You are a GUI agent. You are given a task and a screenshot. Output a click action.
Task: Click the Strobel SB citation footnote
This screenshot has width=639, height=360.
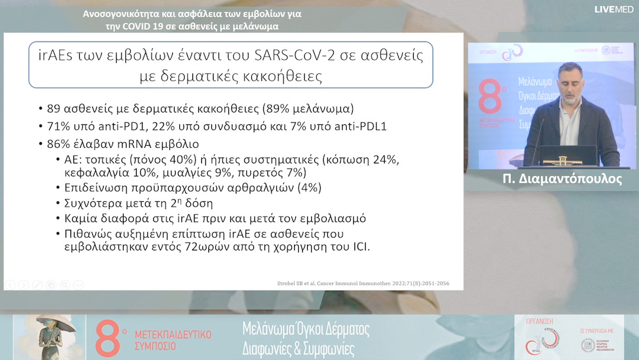(x=363, y=284)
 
